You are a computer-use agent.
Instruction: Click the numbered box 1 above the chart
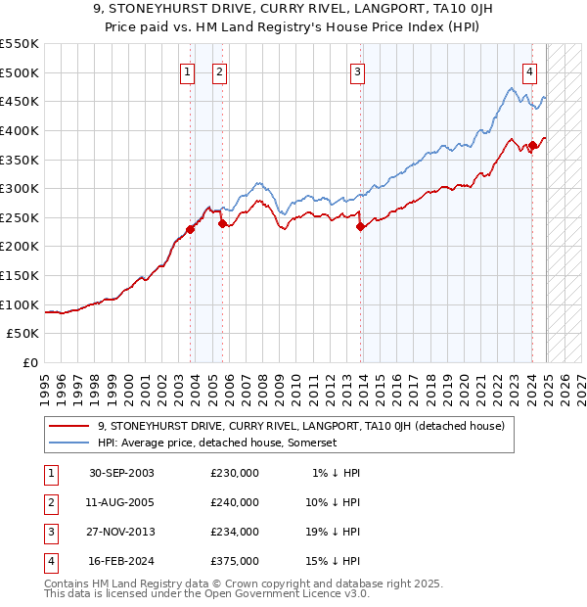click(187, 70)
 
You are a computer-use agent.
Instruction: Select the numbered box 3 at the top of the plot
click(358, 70)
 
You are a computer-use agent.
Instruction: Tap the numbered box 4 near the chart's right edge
click(529, 70)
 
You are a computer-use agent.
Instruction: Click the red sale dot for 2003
click(190, 229)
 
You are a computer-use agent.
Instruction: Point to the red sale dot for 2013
click(360, 226)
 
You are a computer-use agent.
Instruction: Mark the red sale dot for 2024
click(533, 145)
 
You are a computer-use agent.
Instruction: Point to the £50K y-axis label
click(23, 334)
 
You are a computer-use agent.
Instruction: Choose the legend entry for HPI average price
click(216, 443)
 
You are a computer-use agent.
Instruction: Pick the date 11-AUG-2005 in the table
click(121, 502)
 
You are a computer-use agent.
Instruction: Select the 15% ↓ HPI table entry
click(337, 561)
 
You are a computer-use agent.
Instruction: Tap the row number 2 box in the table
click(48, 502)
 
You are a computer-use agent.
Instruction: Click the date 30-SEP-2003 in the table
click(121, 473)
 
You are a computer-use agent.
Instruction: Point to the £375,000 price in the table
click(235, 561)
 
